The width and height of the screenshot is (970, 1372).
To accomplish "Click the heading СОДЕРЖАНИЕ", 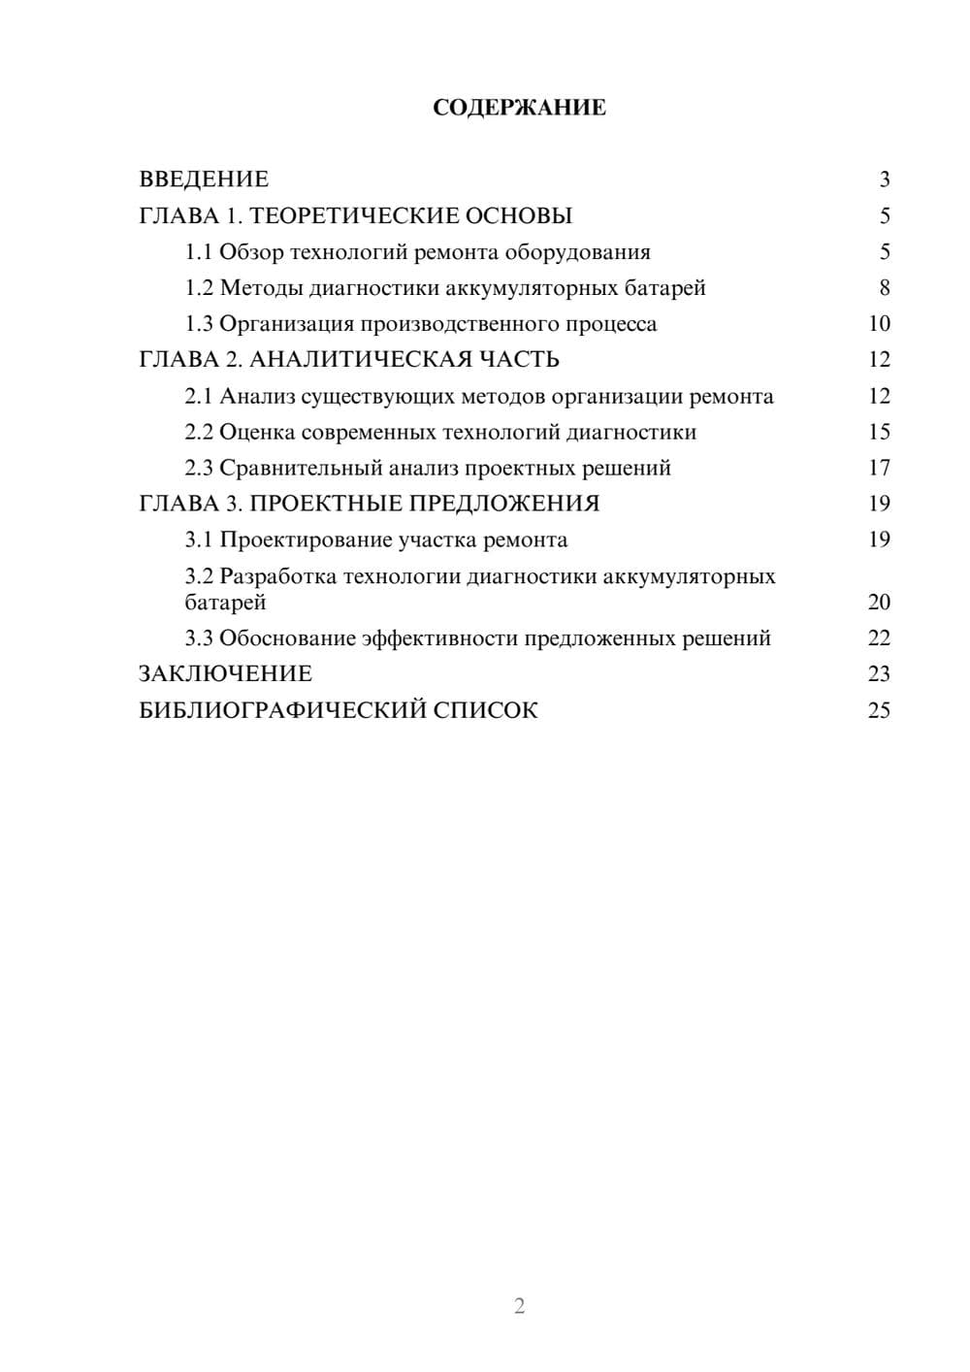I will [x=519, y=108].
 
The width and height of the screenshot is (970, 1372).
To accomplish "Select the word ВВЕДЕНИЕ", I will [x=204, y=180].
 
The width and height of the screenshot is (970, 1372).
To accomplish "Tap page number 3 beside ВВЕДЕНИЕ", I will [x=885, y=180].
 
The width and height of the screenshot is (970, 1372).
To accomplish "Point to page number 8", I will [x=885, y=288].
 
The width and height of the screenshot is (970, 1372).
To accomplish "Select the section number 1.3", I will [x=199, y=324].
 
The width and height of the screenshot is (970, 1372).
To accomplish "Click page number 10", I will [x=879, y=324].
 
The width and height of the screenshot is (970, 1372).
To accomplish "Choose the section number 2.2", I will [x=199, y=432].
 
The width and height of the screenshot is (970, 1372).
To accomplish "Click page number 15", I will [x=879, y=432].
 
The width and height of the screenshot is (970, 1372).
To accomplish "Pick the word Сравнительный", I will [x=301, y=469].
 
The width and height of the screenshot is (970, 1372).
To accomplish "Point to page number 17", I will [x=879, y=469].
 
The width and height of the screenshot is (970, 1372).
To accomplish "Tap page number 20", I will [x=879, y=603].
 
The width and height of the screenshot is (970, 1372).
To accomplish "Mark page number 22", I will [x=879, y=638].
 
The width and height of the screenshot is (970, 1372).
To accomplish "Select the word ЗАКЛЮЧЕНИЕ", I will [x=225, y=674].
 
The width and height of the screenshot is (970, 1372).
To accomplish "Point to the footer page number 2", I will [x=519, y=1306].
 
